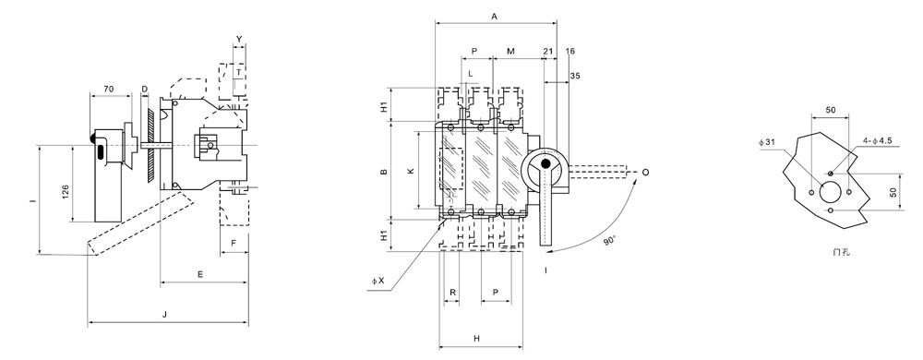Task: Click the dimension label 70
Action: [108, 89]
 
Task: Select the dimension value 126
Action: [66, 191]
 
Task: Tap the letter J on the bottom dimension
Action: [165, 316]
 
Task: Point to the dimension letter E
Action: [200, 275]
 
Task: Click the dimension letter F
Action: [234, 243]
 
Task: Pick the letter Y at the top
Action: [239, 40]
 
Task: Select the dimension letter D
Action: [145, 89]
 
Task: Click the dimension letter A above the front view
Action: [495, 17]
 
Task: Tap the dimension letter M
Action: [511, 52]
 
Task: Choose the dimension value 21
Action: [548, 52]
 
